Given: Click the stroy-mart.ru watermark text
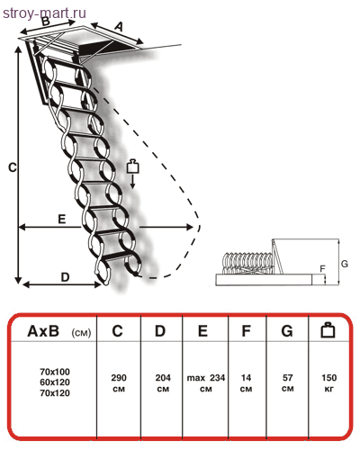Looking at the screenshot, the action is pos(44,13).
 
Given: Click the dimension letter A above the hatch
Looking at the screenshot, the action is pos(119,27).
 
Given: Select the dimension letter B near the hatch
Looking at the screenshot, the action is pos(45,21).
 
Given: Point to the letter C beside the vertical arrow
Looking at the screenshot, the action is pos(13,167).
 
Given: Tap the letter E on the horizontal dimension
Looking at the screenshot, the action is pos(61,219).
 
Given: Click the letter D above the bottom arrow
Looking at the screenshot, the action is pos(65,277).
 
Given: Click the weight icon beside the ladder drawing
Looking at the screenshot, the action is pos(133,166).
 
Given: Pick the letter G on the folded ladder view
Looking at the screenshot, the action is pos(345,264).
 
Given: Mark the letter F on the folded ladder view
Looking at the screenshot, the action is pos(323,268).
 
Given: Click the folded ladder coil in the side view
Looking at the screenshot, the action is pos(248,263).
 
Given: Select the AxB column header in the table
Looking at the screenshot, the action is pos(58,331).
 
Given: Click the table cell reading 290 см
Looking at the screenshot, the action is pos(119,383).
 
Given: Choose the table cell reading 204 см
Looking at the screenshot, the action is pos(163,383).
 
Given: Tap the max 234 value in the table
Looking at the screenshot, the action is pos(206,378).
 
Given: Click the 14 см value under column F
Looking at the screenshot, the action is pos(246,383).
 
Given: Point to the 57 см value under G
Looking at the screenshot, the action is pos(287,383).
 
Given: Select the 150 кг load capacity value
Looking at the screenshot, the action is pos(328,383).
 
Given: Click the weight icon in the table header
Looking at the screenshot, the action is pos(328,330).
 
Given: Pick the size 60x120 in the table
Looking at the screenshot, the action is pos(55,382).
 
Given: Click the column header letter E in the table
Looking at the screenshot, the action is pos(202,331).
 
